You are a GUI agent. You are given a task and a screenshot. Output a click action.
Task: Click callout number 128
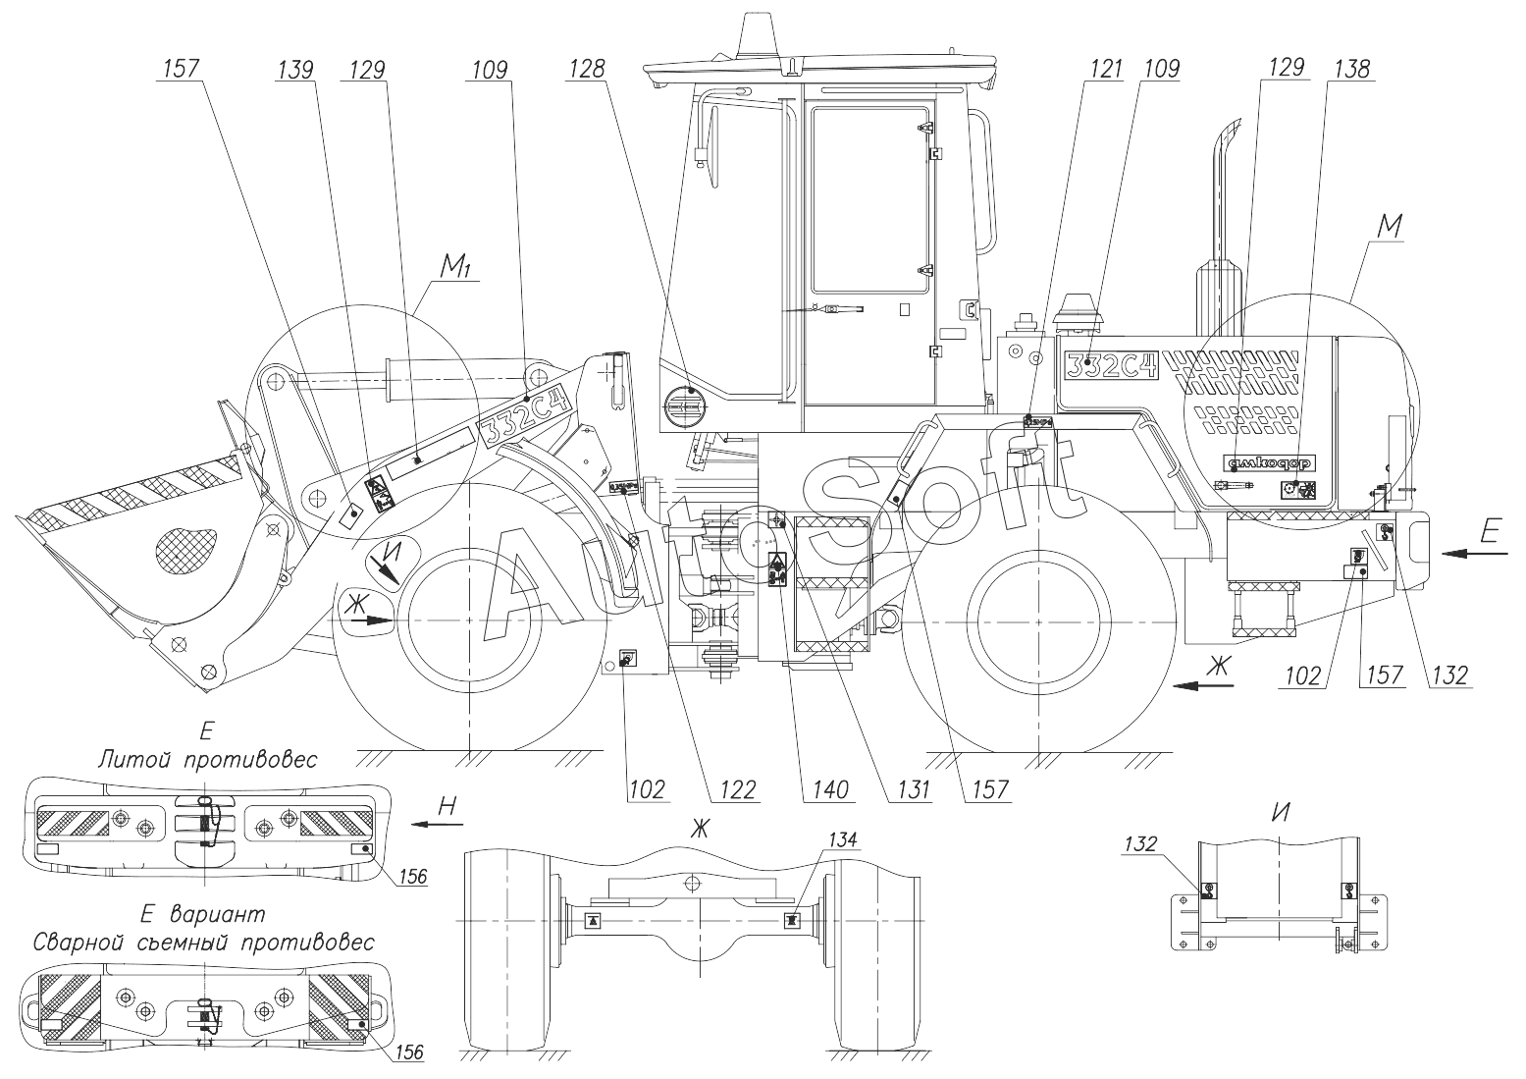(592, 69)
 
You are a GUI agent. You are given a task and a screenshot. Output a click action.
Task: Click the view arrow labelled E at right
(1490, 532)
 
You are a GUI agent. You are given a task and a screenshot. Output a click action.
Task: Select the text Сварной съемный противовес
(204, 943)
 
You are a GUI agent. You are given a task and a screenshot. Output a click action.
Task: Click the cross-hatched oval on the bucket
(185, 541)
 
